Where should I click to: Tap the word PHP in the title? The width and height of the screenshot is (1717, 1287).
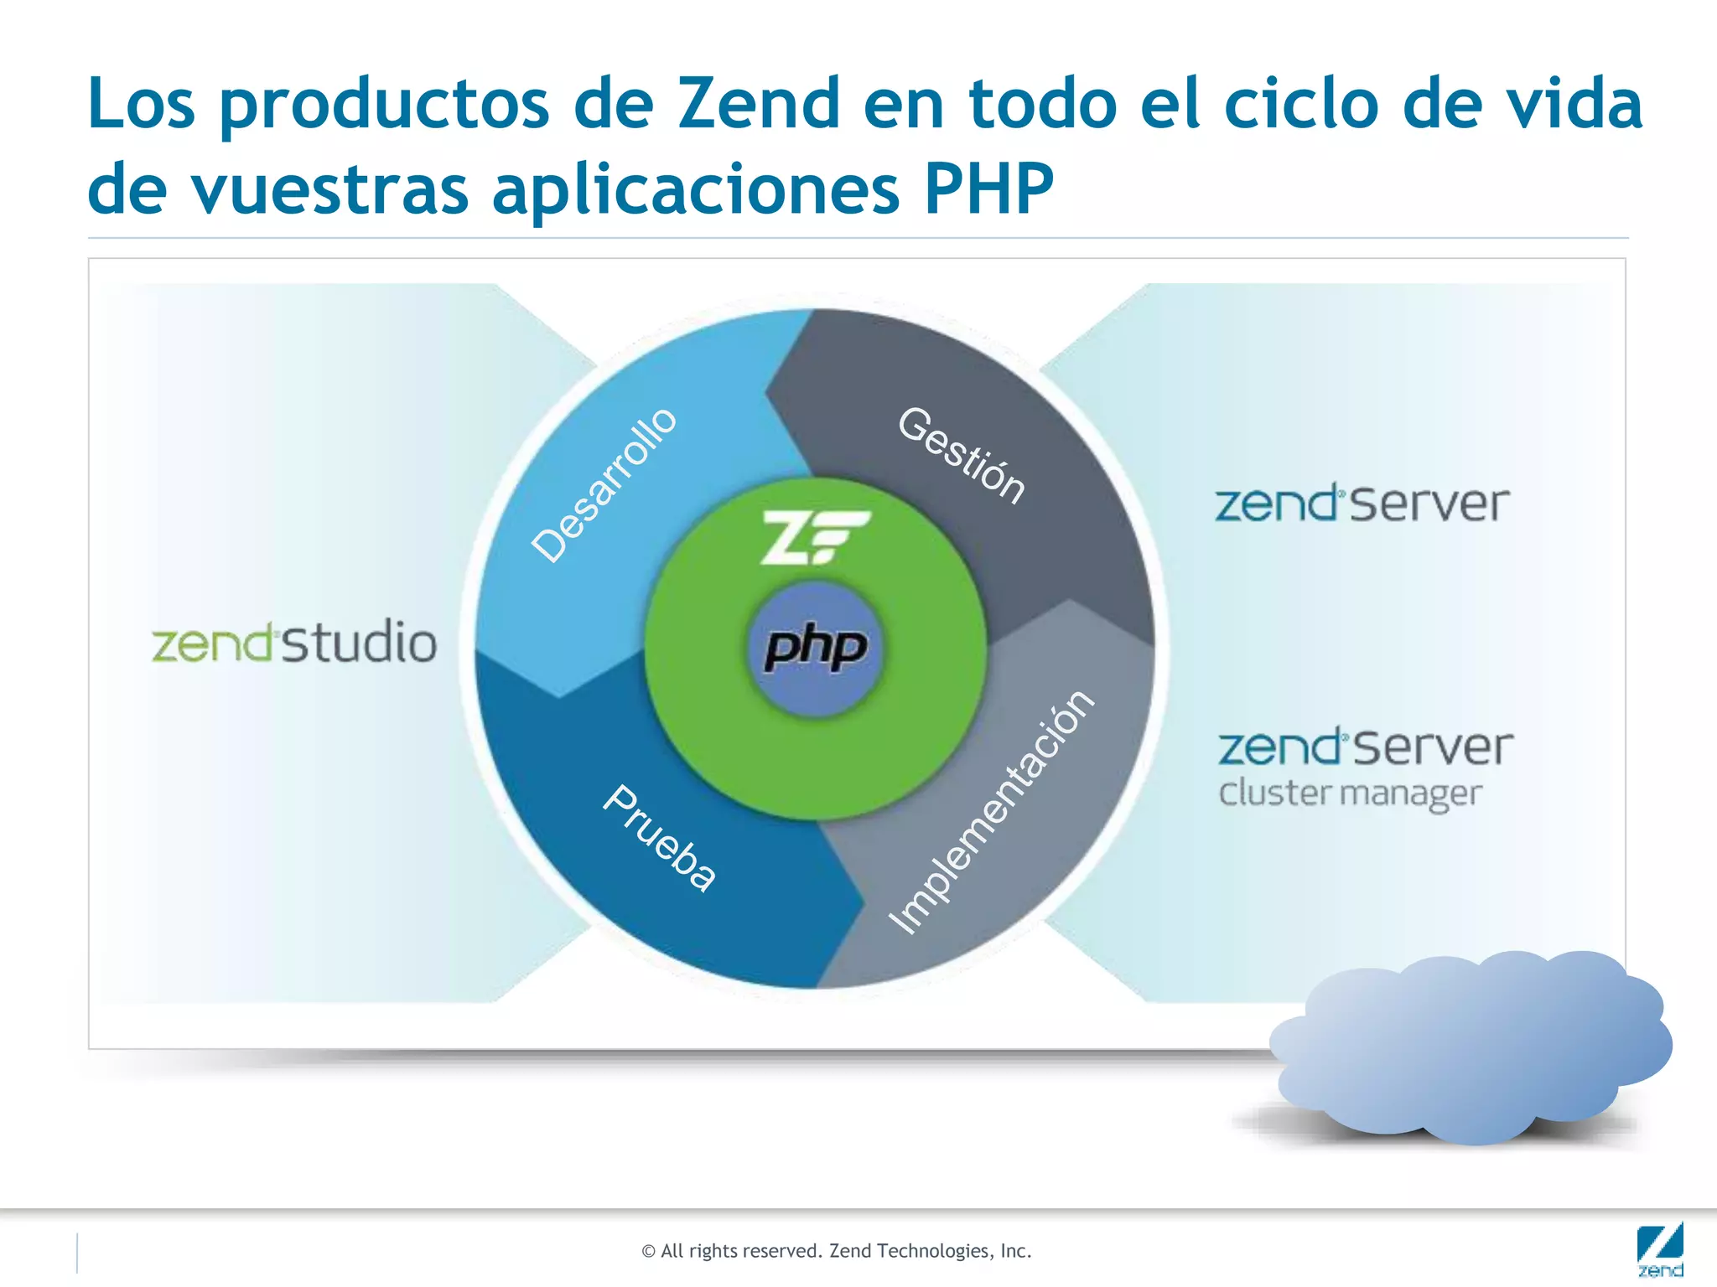[x=988, y=189]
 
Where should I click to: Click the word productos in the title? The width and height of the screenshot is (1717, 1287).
[x=384, y=106]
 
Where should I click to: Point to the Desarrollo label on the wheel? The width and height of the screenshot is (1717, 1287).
[x=604, y=485]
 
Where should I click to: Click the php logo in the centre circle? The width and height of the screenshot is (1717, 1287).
[x=816, y=648]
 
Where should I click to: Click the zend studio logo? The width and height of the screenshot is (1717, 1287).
[x=293, y=643]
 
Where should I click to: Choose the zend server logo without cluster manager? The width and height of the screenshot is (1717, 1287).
[x=1362, y=504]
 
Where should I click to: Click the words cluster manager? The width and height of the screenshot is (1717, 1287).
[x=1350, y=793]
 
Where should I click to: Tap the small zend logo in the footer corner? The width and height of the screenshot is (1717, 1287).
[x=1659, y=1251]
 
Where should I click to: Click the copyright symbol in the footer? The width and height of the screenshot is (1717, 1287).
[x=648, y=1252]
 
